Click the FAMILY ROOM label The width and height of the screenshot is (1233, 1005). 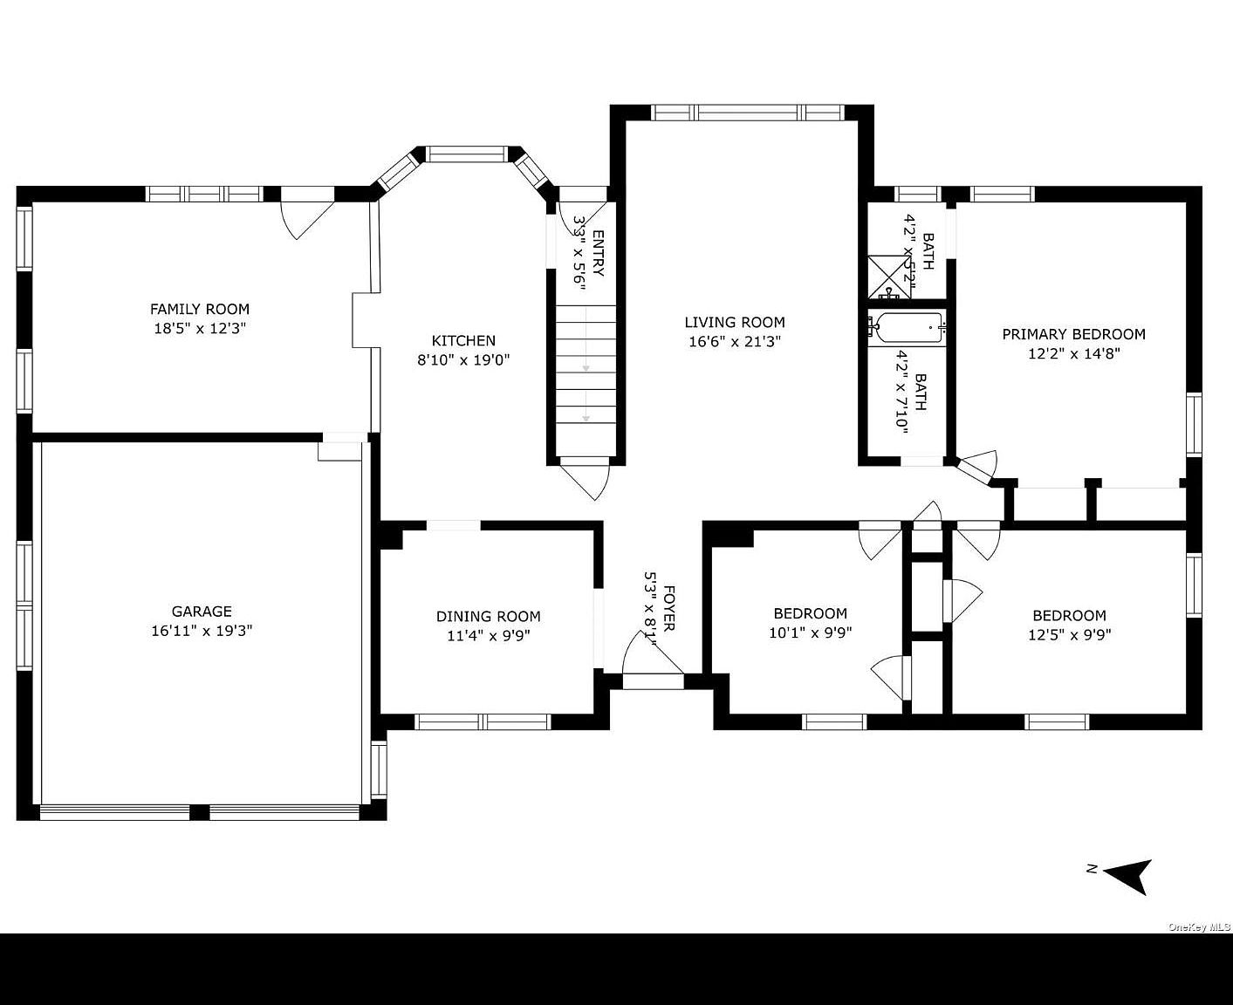(200, 309)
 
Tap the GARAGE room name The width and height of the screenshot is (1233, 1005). (202, 612)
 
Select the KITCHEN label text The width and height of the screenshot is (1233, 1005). (463, 341)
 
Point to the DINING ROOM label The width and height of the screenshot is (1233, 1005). (489, 617)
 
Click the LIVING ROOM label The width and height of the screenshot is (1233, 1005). (735, 322)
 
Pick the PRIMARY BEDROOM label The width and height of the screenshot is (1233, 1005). (1073, 334)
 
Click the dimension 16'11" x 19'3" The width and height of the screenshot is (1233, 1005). (202, 631)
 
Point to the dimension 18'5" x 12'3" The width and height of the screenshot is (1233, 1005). (200, 329)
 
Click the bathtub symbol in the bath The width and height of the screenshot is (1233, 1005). (908, 327)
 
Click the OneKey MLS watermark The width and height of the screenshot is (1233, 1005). (1199, 927)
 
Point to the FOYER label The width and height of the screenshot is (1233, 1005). (668, 608)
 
